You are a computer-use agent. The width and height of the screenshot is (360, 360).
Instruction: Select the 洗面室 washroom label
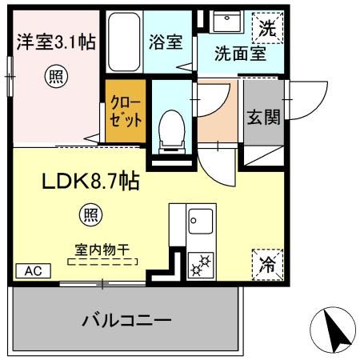(238, 54)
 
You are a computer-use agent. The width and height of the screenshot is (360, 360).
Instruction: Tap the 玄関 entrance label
(262, 118)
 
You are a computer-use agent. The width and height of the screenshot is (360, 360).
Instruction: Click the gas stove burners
(197, 261)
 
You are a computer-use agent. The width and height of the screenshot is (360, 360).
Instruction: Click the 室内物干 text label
(103, 250)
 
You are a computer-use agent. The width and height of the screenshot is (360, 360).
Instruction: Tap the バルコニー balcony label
(127, 322)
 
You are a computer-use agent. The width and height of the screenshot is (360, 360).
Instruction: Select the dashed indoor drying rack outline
(103, 262)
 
